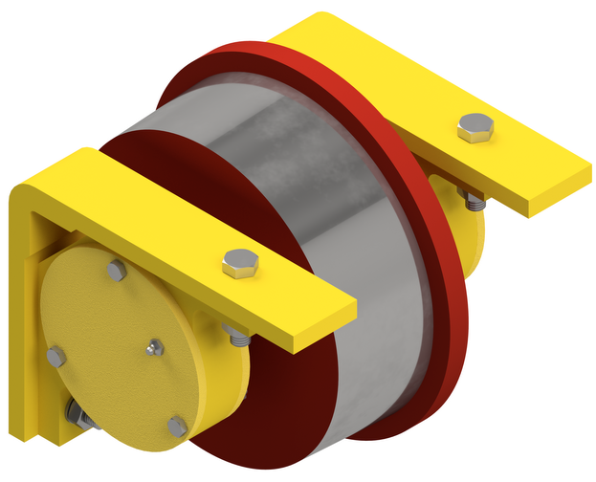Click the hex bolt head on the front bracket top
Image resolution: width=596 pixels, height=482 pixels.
click(240, 262)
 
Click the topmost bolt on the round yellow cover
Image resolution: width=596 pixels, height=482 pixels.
click(117, 272)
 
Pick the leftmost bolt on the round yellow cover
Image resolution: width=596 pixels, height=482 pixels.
click(56, 357)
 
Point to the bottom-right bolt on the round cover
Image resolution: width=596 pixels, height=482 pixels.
click(178, 427)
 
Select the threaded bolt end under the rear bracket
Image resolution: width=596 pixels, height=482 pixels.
click(473, 200)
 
